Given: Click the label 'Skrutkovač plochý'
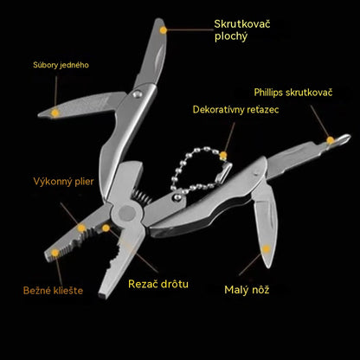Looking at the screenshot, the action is (x=242, y=30).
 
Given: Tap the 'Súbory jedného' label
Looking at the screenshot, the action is (x=61, y=65).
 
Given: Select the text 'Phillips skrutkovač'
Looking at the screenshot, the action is (x=293, y=93).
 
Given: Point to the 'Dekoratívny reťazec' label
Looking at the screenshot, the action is (x=235, y=110).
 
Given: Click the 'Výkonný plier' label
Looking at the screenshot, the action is (x=63, y=182).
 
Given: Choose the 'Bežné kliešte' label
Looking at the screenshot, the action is (x=53, y=290).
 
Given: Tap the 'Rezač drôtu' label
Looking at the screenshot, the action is (x=158, y=284).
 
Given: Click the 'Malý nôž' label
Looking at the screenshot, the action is (x=247, y=290).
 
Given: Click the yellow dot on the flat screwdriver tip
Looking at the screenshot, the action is (x=164, y=30).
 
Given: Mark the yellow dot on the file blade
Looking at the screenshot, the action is (x=55, y=113).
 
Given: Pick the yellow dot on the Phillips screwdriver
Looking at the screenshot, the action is (x=331, y=140).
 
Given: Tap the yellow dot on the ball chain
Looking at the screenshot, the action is (x=223, y=156).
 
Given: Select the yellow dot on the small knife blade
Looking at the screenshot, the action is (x=266, y=248).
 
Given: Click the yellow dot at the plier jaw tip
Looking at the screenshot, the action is (x=55, y=253).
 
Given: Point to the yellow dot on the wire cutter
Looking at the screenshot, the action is (x=106, y=228).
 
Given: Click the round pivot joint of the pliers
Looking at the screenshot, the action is (x=127, y=213).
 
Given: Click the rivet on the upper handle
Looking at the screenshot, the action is (x=138, y=93).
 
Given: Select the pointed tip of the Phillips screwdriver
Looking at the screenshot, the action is (x=349, y=136).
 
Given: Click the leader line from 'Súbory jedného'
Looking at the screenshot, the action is (x=55, y=92).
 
